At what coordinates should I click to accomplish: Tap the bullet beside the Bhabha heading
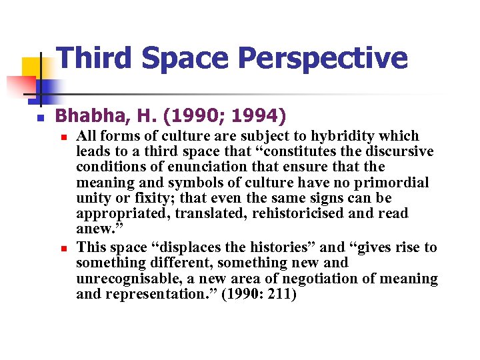coord(40,118)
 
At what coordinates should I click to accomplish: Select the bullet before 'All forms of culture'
coord(63,137)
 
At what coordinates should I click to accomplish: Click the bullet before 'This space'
coord(63,248)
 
